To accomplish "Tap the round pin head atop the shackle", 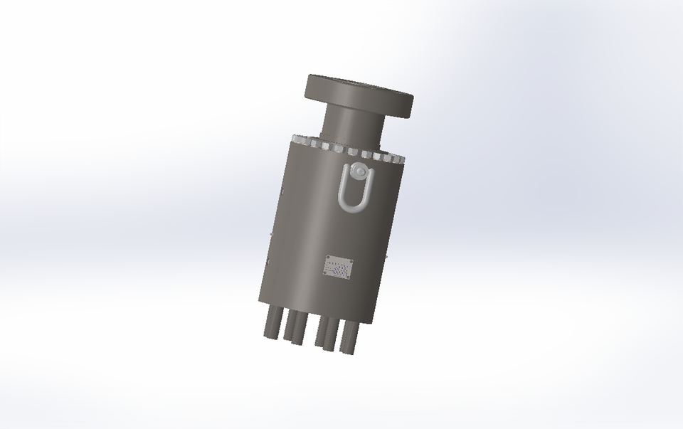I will tap(357, 172).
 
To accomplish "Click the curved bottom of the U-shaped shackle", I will tap(353, 208).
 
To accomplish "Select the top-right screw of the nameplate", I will tap(351, 262).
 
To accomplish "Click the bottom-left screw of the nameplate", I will tap(326, 272).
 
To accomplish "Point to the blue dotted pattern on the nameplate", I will tap(340, 270).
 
